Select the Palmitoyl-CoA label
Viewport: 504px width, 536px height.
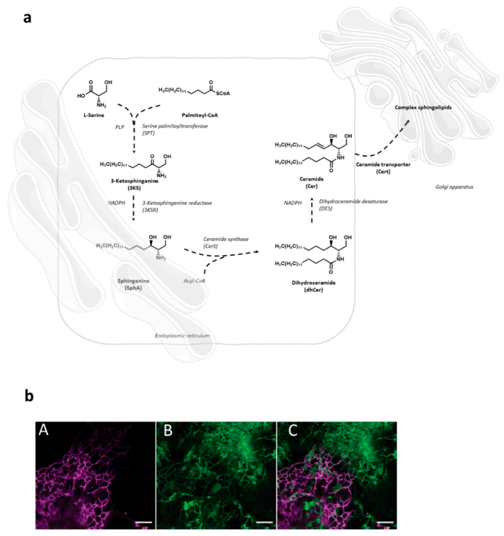pos(200,115)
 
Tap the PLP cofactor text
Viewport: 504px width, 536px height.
pos(120,127)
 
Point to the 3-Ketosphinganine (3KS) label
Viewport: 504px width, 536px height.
pos(134,184)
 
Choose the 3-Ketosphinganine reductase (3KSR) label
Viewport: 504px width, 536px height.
pos(177,206)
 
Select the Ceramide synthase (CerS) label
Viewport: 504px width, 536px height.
pos(226,242)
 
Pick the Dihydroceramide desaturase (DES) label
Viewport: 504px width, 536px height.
pos(353,205)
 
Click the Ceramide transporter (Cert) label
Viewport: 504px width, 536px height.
pos(383,168)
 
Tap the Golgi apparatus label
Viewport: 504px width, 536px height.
pos(454,187)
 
